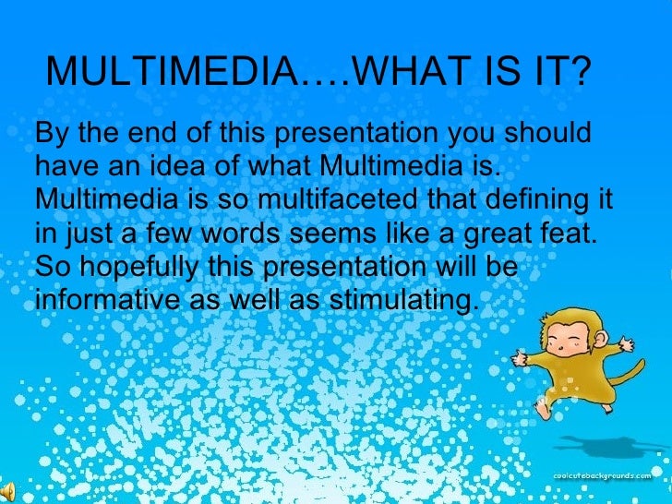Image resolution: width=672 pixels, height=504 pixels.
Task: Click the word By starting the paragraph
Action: coord(52,133)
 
